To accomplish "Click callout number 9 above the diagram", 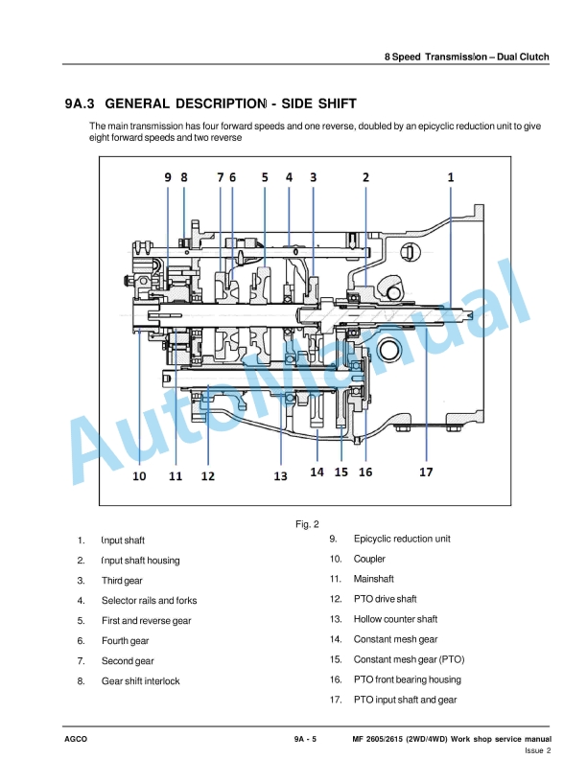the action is [168, 177].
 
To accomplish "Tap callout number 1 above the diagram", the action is [451, 177].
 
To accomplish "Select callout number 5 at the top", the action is [265, 177].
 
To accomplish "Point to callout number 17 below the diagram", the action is [426, 471].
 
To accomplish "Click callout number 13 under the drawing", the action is [280, 476].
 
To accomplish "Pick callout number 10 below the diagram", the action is [139, 476].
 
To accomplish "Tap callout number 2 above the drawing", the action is [365, 177].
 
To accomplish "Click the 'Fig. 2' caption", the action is [307, 524].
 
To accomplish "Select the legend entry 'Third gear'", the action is [122, 581].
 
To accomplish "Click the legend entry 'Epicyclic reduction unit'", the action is [402, 539].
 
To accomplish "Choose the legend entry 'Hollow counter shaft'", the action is [395, 619].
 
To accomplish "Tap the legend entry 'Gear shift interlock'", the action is [140, 681].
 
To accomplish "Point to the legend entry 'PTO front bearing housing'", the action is [408, 679].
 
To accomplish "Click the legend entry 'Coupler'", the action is [369, 559].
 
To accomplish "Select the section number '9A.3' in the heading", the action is [80, 103].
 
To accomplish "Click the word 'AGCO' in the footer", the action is [76, 739].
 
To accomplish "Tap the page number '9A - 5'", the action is [305, 739].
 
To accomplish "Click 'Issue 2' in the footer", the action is [537, 750].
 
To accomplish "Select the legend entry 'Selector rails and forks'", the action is [150, 601].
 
